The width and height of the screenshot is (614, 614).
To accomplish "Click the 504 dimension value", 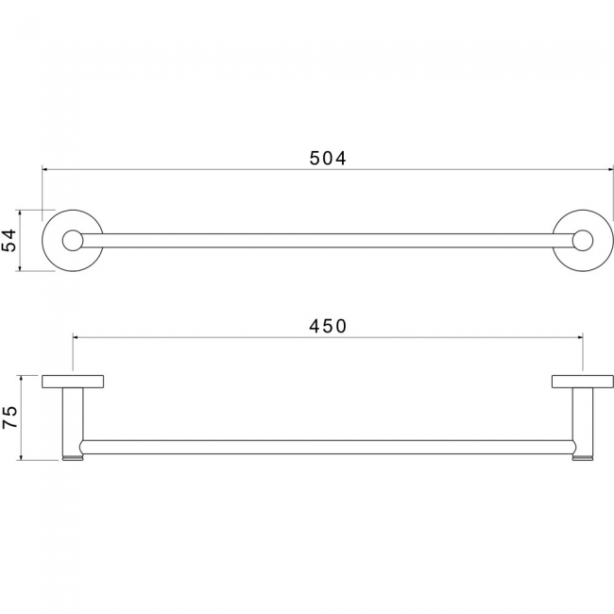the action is click(328, 158).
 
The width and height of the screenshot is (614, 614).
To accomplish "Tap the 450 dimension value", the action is click(328, 326).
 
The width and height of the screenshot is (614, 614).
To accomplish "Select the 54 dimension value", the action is click(9, 240).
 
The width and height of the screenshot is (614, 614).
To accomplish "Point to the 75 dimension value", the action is click(9, 417).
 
